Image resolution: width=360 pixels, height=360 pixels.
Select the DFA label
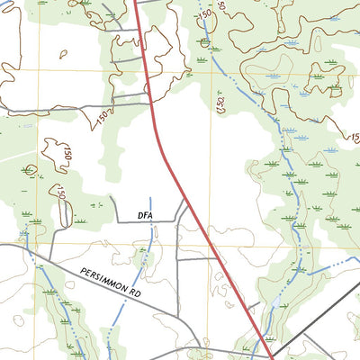pos(147,215)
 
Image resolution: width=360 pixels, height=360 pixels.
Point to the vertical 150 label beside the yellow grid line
pos(220,105)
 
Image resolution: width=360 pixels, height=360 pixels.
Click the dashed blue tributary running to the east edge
pos(333,265)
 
